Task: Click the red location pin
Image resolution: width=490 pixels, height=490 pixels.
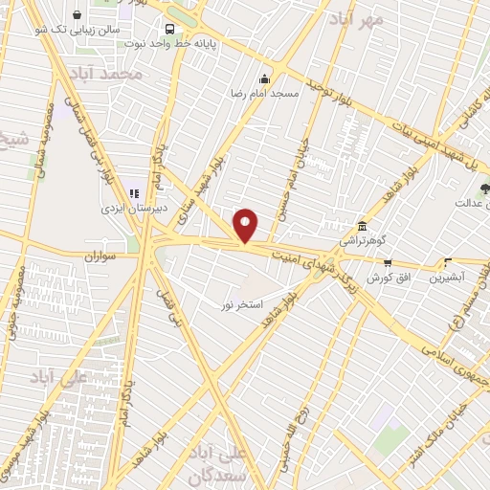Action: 246,225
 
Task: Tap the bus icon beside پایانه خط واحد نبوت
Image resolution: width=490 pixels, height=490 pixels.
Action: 169,29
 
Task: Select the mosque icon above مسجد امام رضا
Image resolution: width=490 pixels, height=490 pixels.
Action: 265,78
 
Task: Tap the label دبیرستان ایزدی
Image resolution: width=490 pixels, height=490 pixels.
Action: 135,207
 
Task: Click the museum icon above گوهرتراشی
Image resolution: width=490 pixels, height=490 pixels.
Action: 362,226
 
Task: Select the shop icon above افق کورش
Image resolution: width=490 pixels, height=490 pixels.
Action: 388,262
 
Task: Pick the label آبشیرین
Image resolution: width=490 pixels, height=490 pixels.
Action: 447,277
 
